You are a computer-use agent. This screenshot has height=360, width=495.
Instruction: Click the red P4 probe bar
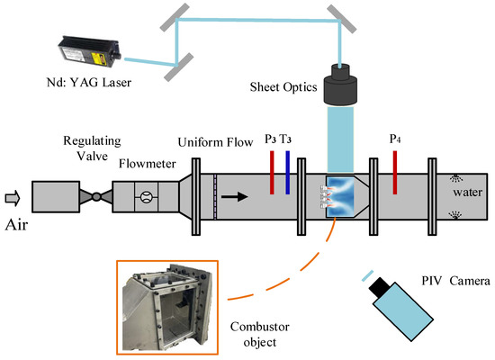tap(394, 172)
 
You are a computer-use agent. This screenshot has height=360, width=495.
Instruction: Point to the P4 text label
tap(394, 139)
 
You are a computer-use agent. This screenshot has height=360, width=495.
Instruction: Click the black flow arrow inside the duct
tap(238, 193)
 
